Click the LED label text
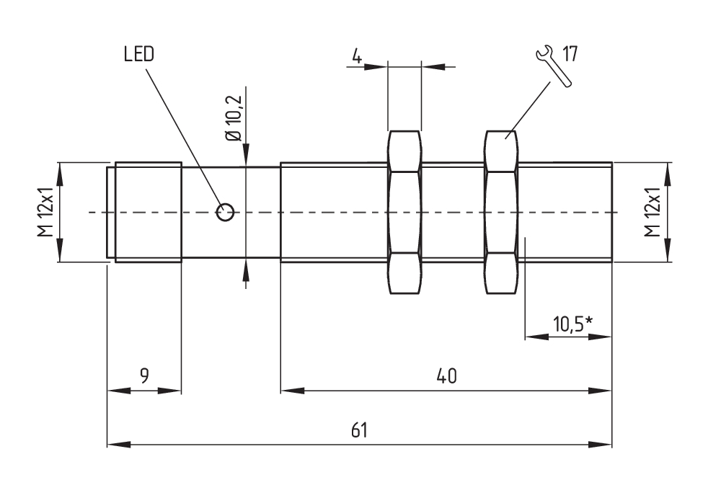coord(139,54)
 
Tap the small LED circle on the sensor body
coord(225,212)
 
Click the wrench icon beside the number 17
coord(554,66)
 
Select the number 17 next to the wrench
coord(570,54)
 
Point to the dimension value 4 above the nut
coord(357,55)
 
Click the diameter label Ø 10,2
coord(234,119)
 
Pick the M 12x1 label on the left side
coord(46,212)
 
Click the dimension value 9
coord(144,375)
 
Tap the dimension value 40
coord(446,375)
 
